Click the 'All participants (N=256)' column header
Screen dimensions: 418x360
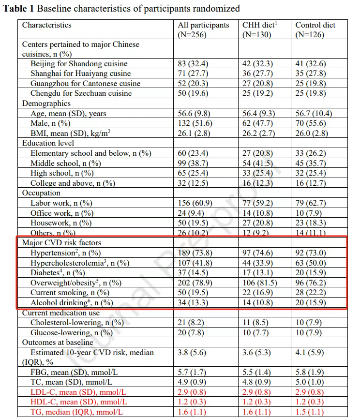[203, 30]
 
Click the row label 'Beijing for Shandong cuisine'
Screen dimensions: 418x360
[79, 64]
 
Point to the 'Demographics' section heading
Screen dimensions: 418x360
[46, 103]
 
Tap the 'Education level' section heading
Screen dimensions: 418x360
[48, 143]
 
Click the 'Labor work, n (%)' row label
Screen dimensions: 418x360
[62, 203]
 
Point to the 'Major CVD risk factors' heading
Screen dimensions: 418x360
[61, 242]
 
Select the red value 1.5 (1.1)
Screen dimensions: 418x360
[309, 412]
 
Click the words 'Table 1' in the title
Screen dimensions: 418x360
[18, 9]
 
